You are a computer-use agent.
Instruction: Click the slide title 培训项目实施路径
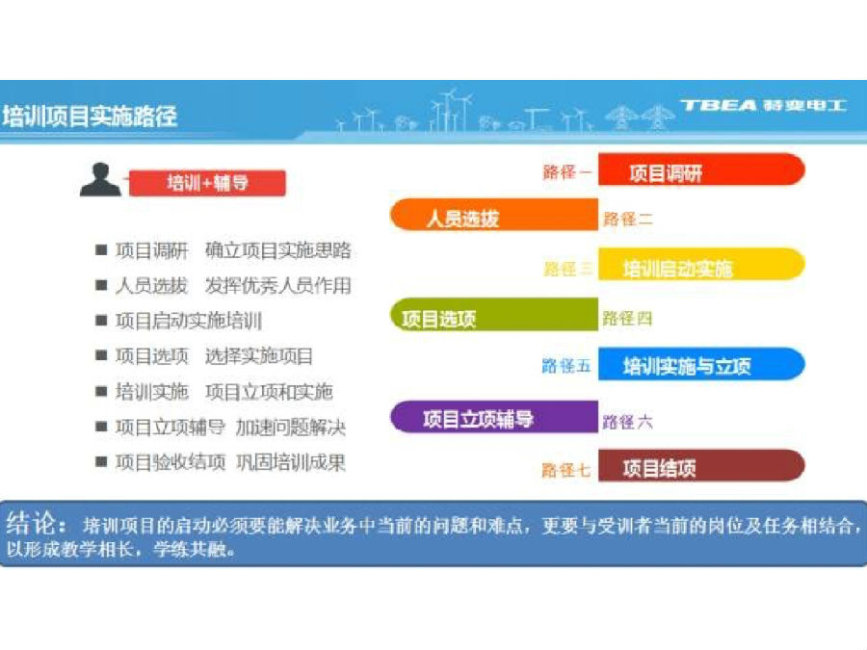(90, 117)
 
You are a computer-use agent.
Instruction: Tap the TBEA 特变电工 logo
(764, 105)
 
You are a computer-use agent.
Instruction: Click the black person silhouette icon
(100, 180)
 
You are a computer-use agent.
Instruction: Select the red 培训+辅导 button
(207, 183)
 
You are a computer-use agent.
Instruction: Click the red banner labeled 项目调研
(701, 169)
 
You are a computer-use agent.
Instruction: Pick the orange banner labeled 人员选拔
(494, 215)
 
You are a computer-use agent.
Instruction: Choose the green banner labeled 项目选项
(494, 315)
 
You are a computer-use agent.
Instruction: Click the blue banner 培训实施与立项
(701, 364)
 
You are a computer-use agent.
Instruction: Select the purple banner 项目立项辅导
(494, 417)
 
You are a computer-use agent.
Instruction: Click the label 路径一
(566, 172)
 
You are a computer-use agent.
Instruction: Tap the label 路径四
(627, 319)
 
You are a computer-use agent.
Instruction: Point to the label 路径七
(566, 470)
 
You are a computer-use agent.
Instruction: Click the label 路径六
(627, 423)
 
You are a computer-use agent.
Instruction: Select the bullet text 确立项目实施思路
(278, 250)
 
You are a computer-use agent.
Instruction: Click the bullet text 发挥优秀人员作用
(278, 286)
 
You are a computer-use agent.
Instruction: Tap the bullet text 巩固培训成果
(291, 462)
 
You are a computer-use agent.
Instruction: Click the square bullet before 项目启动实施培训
(101, 321)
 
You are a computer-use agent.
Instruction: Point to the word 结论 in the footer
(31, 523)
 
